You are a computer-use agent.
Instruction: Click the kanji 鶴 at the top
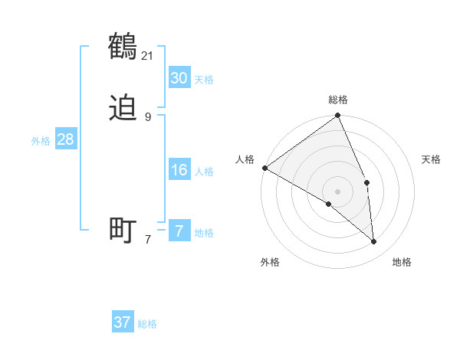pyautogui.click(x=123, y=47)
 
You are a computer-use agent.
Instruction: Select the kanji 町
pyautogui.click(x=123, y=230)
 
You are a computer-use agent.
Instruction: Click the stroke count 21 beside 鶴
pyautogui.click(x=148, y=55)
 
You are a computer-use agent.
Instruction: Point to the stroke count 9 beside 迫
pyautogui.click(x=148, y=116)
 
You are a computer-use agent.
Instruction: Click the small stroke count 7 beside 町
pyautogui.click(x=148, y=239)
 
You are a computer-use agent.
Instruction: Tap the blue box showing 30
pyautogui.click(x=179, y=78)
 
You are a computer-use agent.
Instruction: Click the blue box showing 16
pyautogui.click(x=179, y=170)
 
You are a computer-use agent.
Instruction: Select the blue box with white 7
pyautogui.click(x=179, y=231)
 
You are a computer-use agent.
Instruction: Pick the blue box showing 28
pyautogui.click(x=65, y=139)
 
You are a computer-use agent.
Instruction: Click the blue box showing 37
pyautogui.click(x=122, y=322)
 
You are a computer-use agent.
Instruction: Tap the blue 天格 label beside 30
pyautogui.click(x=204, y=80)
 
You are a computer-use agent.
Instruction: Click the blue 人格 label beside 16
pyautogui.click(x=204, y=172)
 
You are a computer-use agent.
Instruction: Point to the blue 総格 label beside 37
pyautogui.click(x=147, y=324)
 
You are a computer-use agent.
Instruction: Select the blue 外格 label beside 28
pyautogui.click(x=41, y=141)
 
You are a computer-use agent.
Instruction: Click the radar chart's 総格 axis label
pyautogui.click(x=338, y=100)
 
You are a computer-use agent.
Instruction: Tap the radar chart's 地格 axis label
pyautogui.click(x=402, y=262)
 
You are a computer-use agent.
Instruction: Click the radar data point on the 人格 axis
pyautogui.click(x=264, y=168)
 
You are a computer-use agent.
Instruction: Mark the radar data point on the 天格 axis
pyautogui.click(x=367, y=182)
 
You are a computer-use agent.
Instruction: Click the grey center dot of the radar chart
pyautogui.click(x=338, y=191)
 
